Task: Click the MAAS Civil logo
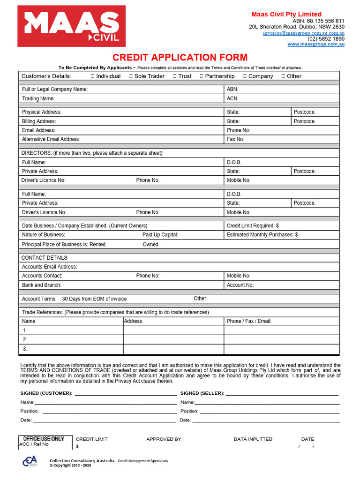tap(72, 26)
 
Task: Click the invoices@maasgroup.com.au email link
tap(303, 33)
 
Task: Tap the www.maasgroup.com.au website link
tap(315, 44)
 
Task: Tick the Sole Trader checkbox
tap(131, 76)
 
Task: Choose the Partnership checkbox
tap(202, 76)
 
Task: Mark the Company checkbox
tap(245, 76)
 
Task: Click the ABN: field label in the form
tap(232, 89)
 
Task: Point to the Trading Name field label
tap(38, 99)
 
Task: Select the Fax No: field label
tap(235, 139)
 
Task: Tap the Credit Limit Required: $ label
tap(253, 226)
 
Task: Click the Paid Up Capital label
tap(160, 235)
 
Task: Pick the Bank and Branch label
tap(42, 285)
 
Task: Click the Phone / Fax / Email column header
tap(249, 322)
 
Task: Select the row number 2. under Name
tap(25, 339)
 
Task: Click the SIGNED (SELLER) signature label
tap(202, 393)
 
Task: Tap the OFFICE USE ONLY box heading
tap(44, 439)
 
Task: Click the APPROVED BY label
tap(164, 439)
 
